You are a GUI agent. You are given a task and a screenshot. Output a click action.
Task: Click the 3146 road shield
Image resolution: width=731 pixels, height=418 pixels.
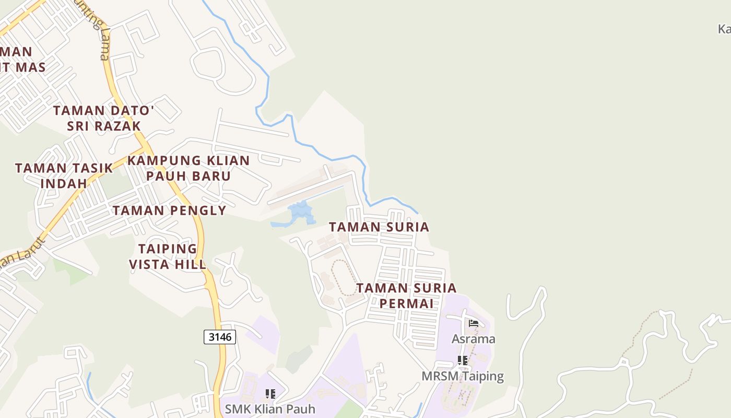tap(220, 337)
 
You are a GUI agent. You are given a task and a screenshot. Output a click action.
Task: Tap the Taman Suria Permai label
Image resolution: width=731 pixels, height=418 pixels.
tap(406, 295)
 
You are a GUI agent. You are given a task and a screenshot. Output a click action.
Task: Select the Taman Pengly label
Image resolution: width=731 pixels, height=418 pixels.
tap(170, 211)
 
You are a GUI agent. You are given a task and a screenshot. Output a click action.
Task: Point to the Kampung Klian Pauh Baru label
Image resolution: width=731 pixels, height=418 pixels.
tap(188, 168)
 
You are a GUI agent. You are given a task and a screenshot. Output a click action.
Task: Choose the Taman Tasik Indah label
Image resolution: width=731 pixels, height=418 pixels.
tap(64, 176)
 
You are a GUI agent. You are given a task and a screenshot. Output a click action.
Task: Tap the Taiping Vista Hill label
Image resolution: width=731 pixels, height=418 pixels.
tap(168, 256)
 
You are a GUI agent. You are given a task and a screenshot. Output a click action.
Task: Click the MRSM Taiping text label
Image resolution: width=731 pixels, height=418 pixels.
tap(463, 376)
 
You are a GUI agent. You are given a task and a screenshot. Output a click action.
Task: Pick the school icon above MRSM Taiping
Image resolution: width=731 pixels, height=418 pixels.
tap(462, 361)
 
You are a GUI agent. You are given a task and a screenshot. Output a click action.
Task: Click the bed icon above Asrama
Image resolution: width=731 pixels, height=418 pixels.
tap(474, 323)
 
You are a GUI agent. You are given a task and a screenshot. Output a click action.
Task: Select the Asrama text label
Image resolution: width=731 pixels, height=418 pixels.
tap(474, 339)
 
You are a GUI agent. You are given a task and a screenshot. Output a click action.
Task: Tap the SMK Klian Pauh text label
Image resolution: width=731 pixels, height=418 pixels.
tap(270, 409)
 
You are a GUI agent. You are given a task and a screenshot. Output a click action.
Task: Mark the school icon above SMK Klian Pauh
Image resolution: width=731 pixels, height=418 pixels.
tap(270, 393)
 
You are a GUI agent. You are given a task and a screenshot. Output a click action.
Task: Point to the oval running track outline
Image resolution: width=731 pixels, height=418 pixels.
tap(345, 277)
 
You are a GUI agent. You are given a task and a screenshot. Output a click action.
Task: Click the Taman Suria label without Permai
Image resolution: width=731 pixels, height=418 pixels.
tap(379, 227)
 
